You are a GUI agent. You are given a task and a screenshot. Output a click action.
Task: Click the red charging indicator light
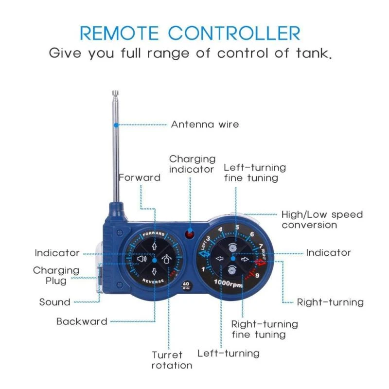(190, 234)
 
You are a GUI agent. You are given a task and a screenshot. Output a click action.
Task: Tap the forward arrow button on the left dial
(154, 247)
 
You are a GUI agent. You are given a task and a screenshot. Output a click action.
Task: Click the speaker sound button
(141, 259)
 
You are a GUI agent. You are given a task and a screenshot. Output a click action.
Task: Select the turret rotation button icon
(166, 259)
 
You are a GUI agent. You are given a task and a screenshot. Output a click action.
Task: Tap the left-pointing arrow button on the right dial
(220, 259)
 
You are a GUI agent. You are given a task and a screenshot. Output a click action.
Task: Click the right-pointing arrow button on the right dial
(245, 259)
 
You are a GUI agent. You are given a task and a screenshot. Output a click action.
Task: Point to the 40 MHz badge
(186, 285)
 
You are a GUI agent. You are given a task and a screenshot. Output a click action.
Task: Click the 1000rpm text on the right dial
(228, 283)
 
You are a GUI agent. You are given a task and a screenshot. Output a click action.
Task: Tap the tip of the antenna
(115, 91)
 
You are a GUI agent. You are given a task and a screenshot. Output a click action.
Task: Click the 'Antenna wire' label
(205, 124)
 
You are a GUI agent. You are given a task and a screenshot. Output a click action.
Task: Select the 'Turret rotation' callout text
(172, 360)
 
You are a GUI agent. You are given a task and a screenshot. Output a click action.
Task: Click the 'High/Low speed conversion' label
(322, 220)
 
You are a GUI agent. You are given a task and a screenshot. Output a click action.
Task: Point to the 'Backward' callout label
(82, 321)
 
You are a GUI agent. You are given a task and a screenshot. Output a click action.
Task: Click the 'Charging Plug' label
(56, 276)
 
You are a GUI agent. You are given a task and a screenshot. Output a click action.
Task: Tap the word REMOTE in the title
(119, 33)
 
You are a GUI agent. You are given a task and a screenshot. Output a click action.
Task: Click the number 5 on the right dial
(237, 227)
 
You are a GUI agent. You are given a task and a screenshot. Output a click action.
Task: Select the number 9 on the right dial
(257, 275)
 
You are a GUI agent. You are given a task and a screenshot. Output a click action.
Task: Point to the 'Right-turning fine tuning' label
(265, 329)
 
